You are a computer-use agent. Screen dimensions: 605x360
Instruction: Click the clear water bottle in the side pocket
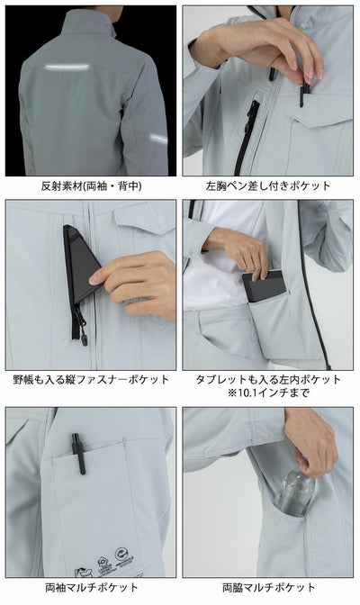[x=298, y=497]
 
